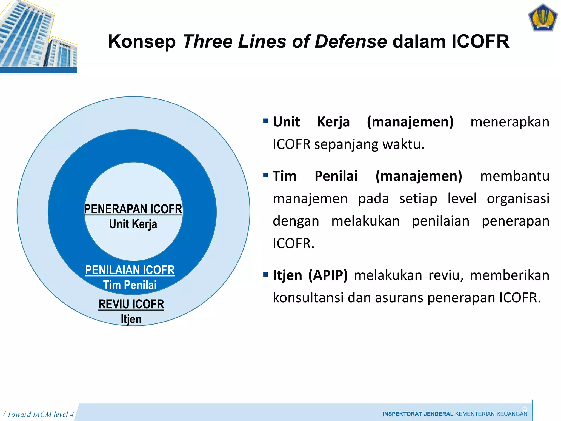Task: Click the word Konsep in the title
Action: tap(142, 42)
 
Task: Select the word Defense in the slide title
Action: tap(351, 42)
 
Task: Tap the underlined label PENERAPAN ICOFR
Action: tap(133, 209)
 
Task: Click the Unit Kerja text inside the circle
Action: tap(133, 224)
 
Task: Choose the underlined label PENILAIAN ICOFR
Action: tap(130, 270)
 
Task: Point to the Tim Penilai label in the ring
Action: tap(130, 285)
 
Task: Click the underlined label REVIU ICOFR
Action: tap(131, 304)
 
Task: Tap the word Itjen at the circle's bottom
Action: tap(131, 319)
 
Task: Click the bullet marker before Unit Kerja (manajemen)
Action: tap(265, 121)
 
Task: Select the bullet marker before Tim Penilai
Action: tap(265, 175)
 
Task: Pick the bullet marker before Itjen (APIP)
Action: tap(265, 274)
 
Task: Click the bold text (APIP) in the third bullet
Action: tap(328, 275)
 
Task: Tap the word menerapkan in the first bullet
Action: tap(510, 122)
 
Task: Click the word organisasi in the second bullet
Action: tap(518, 198)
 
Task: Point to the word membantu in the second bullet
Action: tap(515, 176)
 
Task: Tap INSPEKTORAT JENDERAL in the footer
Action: tap(418, 414)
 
